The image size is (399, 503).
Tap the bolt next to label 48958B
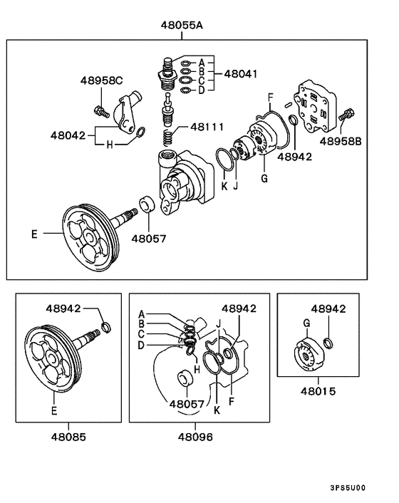pos(347,115)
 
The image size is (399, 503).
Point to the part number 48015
pos(317,391)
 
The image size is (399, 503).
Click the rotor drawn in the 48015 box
pos(309,354)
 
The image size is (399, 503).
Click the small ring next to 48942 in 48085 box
pos(105,327)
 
